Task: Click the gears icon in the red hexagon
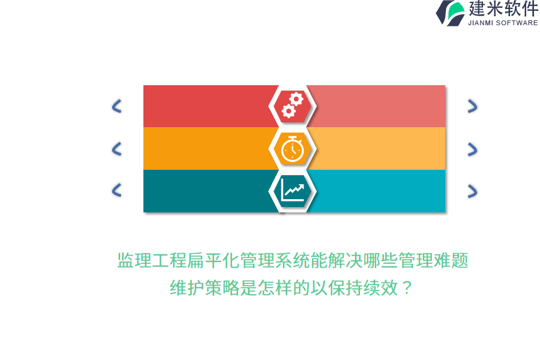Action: point(292,105)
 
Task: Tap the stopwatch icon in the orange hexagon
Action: point(292,149)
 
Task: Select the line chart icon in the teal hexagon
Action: point(292,190)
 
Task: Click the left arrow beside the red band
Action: point(117,106)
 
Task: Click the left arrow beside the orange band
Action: point(117,149)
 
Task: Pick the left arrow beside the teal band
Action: point(117,190)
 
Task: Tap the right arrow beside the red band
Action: point(473,106)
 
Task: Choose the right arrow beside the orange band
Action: point(473,149)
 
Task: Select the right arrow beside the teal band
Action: point(473,191)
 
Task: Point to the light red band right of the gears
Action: point(377,106)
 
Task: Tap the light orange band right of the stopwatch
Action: point(378,148)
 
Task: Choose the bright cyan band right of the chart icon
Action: point(378,191)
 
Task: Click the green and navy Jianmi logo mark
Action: point(451,13)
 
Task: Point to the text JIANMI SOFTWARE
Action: point(503,23)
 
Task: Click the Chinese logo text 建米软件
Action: point(503,8)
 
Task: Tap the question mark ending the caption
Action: point(407,287)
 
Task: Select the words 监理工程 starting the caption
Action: point(152,260)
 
